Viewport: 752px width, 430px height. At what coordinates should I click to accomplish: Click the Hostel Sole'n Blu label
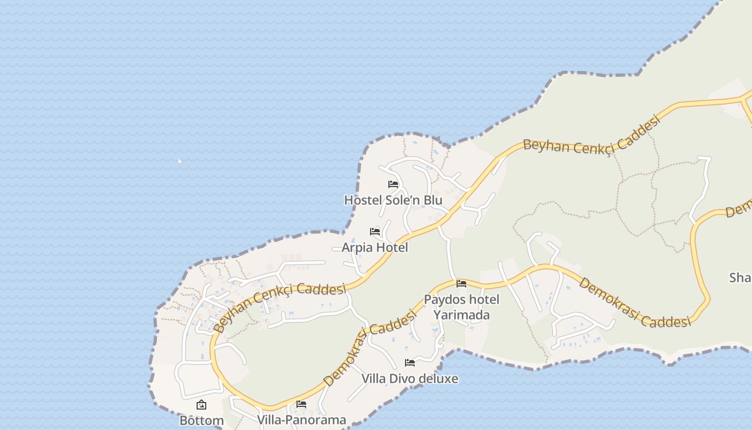[x=393, y=200]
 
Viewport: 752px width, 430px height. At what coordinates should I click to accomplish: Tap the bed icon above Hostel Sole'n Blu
[x=393, y=184]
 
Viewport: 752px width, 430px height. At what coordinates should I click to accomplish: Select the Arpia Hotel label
[x=375, y=248]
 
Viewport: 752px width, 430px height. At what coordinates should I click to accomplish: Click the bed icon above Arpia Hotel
[x=375, y=232]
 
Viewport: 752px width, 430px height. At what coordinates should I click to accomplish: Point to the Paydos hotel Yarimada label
[x=461, y=307]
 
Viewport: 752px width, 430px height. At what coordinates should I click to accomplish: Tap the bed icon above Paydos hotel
[x=461, y=284]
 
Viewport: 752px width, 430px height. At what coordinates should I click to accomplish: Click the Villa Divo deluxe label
[x=410, y=379]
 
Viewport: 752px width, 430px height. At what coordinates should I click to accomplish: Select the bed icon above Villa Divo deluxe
[x=410, y=363]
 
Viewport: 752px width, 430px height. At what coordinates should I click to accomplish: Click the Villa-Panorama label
[x=301, y=420]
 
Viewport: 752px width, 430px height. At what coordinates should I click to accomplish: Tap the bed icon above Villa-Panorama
[x=301, y=404]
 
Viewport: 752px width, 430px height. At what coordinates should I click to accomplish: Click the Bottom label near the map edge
[x=201, y=420]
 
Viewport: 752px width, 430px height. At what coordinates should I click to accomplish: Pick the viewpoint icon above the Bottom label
[x=201, y=405]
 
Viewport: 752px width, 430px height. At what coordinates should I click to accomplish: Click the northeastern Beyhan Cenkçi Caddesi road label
[x=591, y=139]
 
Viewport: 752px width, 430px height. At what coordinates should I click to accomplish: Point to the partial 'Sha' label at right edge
[x=740, y=278]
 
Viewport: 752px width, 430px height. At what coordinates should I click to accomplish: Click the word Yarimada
[x=461, y=314]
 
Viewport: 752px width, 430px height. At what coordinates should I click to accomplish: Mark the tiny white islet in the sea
[x=179, y=160]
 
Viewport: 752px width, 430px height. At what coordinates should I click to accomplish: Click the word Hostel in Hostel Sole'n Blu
[x=363, y=200]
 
